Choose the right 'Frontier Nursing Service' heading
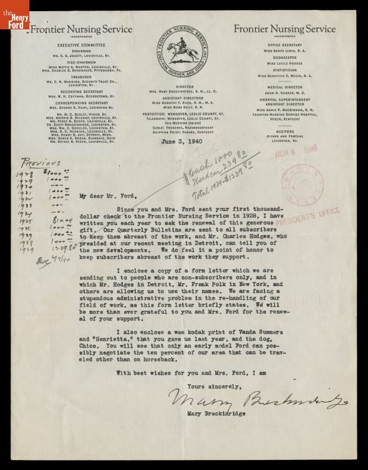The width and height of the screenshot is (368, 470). (284, 29)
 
